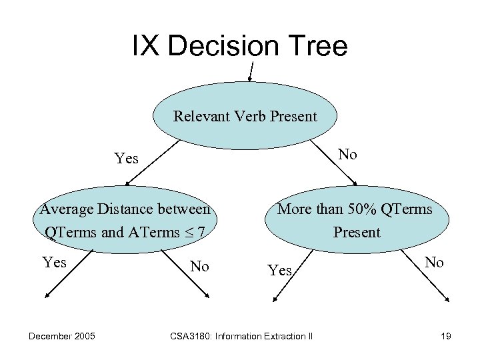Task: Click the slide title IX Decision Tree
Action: coord(240,46)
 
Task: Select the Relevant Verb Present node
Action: coord(245,117)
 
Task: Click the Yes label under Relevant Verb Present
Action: coord(126,159)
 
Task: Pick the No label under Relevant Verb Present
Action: coord(347,155)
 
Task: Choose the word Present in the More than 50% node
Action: coord(356,232)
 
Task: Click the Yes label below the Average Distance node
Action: coord(54,262)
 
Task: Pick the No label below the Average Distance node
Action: coord(199,267)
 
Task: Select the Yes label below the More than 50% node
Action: coord(279,270)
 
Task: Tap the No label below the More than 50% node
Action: coord(434,262)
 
